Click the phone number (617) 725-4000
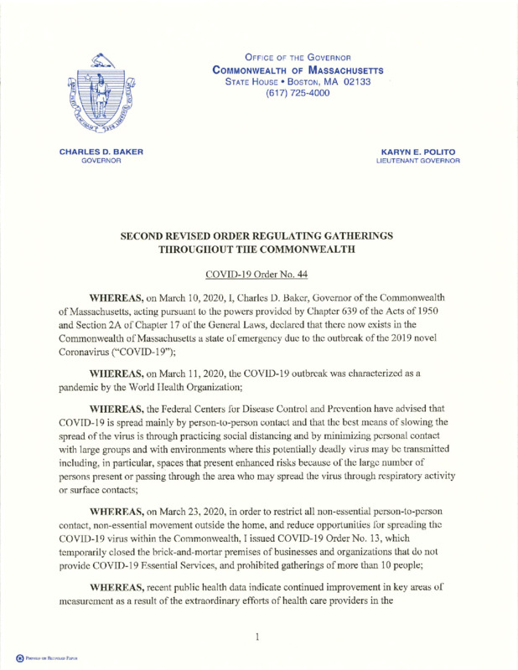[x=285, y=93]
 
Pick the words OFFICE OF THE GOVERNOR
[x=285, y=55]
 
